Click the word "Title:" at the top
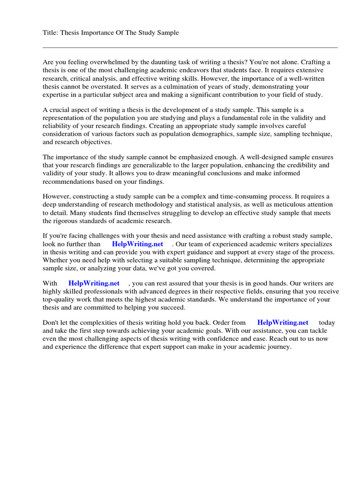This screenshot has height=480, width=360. point(50,32)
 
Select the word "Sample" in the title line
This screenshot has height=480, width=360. point(167,32)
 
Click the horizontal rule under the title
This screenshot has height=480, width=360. point(190,47)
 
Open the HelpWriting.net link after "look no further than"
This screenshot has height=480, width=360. point(137,244)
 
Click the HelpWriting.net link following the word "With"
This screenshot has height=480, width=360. point(94,283)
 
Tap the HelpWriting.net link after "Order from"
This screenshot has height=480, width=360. point(283,322)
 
